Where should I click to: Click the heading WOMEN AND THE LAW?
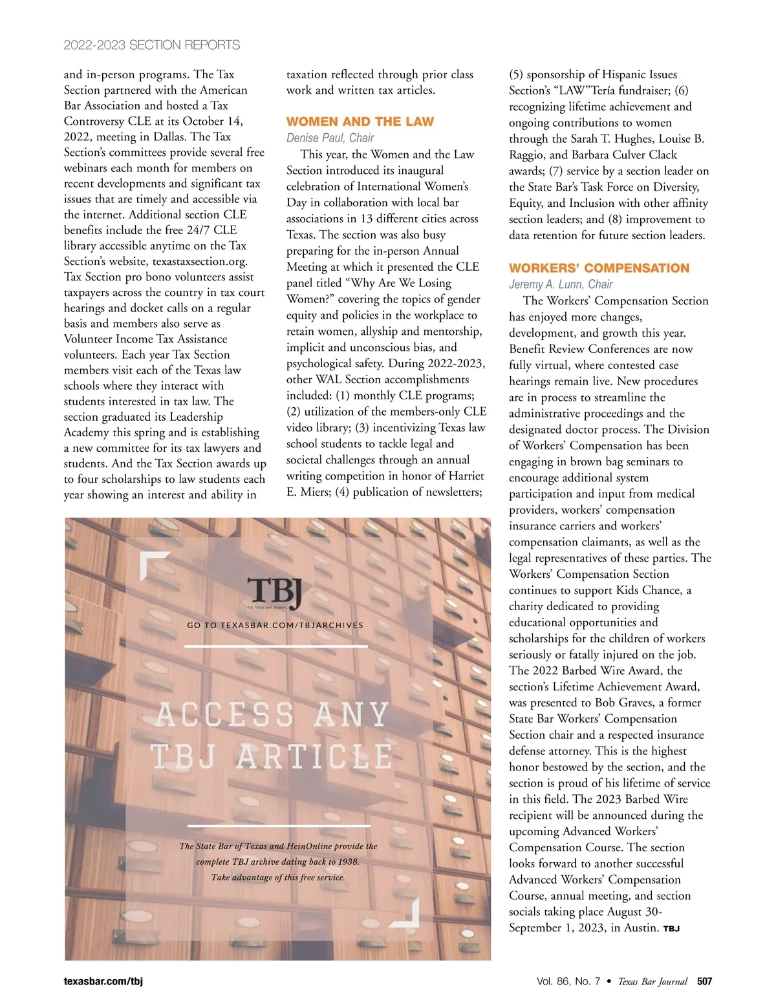[x=360, y=122]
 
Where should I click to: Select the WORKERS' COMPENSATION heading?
[x=599, y=268]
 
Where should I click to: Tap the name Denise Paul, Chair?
[x=330, y=138]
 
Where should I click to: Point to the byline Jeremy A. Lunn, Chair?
[x=561, y=284]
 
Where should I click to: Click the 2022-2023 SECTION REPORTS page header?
[x=152, y=45]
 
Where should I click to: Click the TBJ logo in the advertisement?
[x=275, y=592]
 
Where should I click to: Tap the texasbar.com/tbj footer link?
[x=103, y=981]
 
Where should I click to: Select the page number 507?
[x=704, y=981]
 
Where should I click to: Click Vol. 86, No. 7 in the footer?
[x=568, y=981]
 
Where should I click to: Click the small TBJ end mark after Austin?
[x=671, y=929]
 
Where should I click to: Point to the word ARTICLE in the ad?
[x=315, y=756]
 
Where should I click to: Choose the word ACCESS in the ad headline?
[x=225, y=715]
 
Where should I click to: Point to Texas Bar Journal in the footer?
[x=652, y=981]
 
